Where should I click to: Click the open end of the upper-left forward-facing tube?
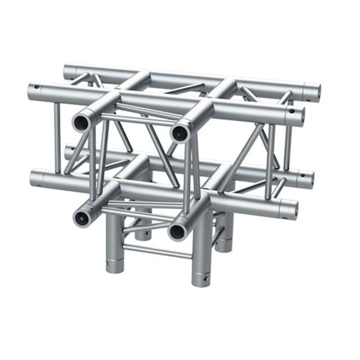point(82,121)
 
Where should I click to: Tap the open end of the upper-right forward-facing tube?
point(180,133)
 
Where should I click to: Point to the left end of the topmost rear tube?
point(68,71)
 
